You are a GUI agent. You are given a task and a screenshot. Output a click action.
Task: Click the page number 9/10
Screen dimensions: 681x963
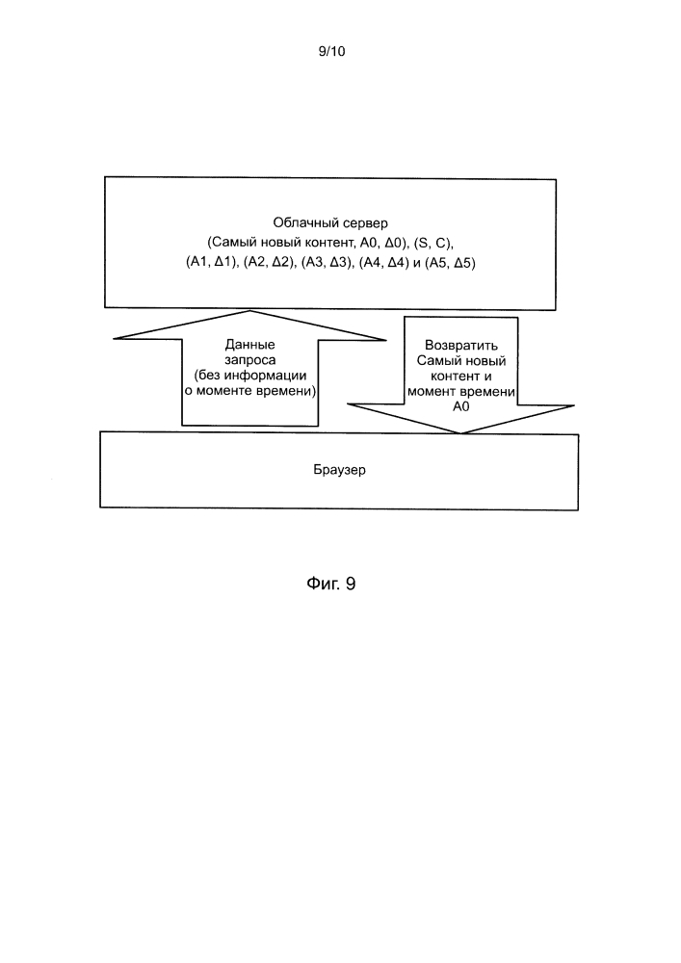331,52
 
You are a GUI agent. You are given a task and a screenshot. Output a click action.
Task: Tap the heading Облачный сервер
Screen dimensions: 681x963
330,223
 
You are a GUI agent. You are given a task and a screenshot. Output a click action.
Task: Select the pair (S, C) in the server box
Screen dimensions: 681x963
432,244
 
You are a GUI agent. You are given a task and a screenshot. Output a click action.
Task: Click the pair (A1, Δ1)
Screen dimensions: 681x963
211,263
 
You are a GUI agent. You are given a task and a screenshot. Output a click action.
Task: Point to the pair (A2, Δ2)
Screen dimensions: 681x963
269,263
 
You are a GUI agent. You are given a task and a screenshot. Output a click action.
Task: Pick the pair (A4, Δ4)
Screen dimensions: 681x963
384,263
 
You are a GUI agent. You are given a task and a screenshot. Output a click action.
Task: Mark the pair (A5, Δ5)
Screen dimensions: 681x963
450,263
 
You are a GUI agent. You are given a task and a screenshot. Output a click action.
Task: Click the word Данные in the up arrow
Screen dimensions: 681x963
249,345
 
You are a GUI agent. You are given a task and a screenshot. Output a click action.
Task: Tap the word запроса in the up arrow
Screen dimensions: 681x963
249,360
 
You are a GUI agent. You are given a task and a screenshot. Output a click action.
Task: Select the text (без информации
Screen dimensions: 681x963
249,376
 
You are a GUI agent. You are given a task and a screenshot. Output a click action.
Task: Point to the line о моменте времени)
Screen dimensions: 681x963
250,391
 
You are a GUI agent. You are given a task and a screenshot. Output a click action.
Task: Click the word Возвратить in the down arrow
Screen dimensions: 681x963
461,345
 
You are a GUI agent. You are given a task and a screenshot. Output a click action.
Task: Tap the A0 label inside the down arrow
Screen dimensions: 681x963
461,406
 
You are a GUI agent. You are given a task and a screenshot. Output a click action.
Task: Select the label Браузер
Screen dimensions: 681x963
340,470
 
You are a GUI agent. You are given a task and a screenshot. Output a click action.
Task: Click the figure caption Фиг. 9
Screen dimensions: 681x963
331,584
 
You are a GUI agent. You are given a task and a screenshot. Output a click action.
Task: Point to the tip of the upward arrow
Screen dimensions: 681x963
249,311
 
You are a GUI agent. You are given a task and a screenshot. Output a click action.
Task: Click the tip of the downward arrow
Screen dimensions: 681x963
460,433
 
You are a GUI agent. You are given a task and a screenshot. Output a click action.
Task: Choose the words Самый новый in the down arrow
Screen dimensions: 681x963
461,360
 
